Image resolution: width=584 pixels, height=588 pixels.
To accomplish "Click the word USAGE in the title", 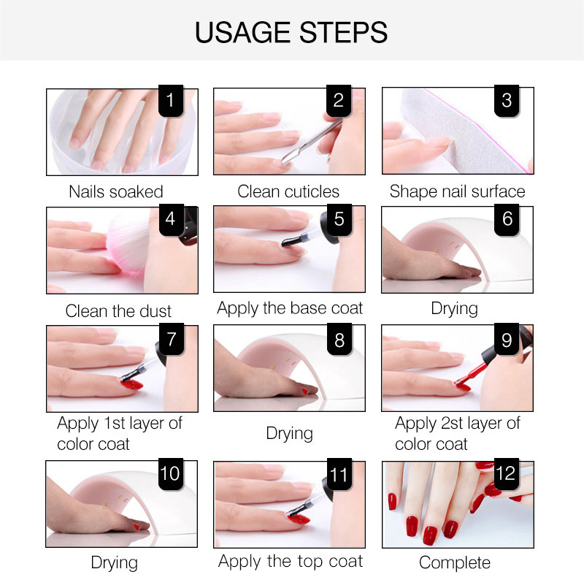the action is click(x=242, y=32).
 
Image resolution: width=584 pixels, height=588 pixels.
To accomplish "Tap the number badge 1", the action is click(x=171, y=100).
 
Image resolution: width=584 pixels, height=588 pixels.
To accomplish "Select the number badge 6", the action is click(x=507, y=219).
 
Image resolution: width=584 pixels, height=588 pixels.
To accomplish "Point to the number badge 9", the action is click(x=507, y=340).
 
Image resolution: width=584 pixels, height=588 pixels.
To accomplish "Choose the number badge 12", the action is click(x=507, y=473).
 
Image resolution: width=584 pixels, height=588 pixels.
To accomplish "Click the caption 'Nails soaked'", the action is click(x=116, y=191).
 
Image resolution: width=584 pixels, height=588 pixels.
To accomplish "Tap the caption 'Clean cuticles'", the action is click(x=288, y=191).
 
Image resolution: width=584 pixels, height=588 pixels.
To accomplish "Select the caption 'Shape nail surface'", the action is click(x=457, y=191).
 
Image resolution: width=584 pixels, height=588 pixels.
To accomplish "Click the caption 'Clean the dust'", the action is click(x=118, y=311).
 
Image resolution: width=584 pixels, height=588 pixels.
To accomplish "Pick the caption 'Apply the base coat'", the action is click(x=290, y=308).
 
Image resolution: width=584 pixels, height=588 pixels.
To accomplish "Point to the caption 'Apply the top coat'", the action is click(x=291, y=562).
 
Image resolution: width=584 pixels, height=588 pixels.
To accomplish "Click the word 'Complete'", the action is click(x=455, y=562).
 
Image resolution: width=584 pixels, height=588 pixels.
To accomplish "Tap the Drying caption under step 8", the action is click(x=289, y=433).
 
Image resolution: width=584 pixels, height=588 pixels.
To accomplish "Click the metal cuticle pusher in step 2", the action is click(x=311, y=141).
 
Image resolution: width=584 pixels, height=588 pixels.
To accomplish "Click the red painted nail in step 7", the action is click(x=131, y=383).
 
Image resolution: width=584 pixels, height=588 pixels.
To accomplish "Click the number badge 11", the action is click(x=339, y=474).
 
